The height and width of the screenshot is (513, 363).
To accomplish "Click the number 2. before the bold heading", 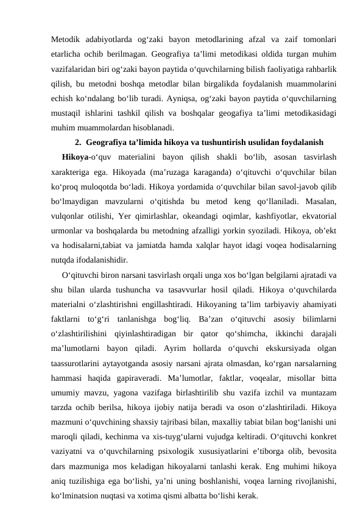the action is (78, 143).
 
